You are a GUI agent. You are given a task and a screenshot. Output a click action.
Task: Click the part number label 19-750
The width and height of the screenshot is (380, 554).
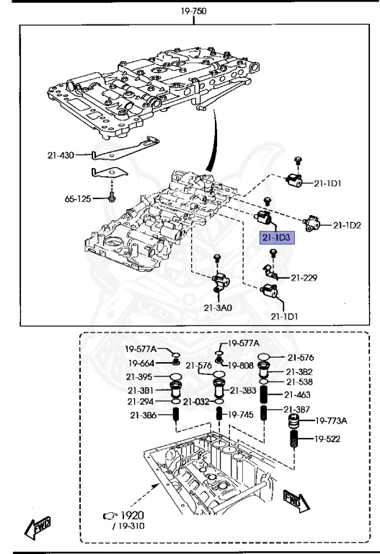[193, 12]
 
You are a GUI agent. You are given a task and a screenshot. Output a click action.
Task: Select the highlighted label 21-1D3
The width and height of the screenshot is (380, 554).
[277, 237]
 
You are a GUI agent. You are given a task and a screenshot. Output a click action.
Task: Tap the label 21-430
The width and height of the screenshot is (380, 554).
[61, 155]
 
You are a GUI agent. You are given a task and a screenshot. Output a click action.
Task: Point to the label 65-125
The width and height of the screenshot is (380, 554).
[78, 199]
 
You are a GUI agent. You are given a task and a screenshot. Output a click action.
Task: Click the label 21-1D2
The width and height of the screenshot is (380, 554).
[347, 225]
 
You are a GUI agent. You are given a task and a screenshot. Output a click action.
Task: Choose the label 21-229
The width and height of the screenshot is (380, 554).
[304, 278]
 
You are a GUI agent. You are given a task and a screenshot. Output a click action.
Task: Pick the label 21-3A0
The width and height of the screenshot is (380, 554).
[218, 308]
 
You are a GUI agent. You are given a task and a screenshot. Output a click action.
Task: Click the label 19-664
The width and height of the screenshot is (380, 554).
[141, 364]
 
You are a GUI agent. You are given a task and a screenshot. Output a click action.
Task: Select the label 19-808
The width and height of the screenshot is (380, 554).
[241, 366]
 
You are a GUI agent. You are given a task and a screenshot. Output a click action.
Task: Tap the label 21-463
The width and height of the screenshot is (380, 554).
[297, 395]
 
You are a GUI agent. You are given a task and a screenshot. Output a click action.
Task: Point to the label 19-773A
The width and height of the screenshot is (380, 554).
[331, 421]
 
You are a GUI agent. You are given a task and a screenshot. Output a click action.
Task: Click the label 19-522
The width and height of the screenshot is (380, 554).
[327, 439]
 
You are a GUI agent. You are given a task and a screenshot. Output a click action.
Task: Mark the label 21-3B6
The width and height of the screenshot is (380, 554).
[143, 415]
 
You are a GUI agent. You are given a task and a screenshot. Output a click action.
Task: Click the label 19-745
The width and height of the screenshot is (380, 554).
[241, 415]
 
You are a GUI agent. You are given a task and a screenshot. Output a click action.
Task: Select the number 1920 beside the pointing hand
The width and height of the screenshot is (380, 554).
[133, 516]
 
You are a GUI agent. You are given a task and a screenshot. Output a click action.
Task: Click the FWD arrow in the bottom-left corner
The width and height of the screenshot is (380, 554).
[37, 527]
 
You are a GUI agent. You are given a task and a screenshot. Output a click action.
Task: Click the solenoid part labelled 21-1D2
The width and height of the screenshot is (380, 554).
[311, 224]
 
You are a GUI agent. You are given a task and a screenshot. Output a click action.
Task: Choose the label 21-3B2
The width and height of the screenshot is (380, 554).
[299, 372]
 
